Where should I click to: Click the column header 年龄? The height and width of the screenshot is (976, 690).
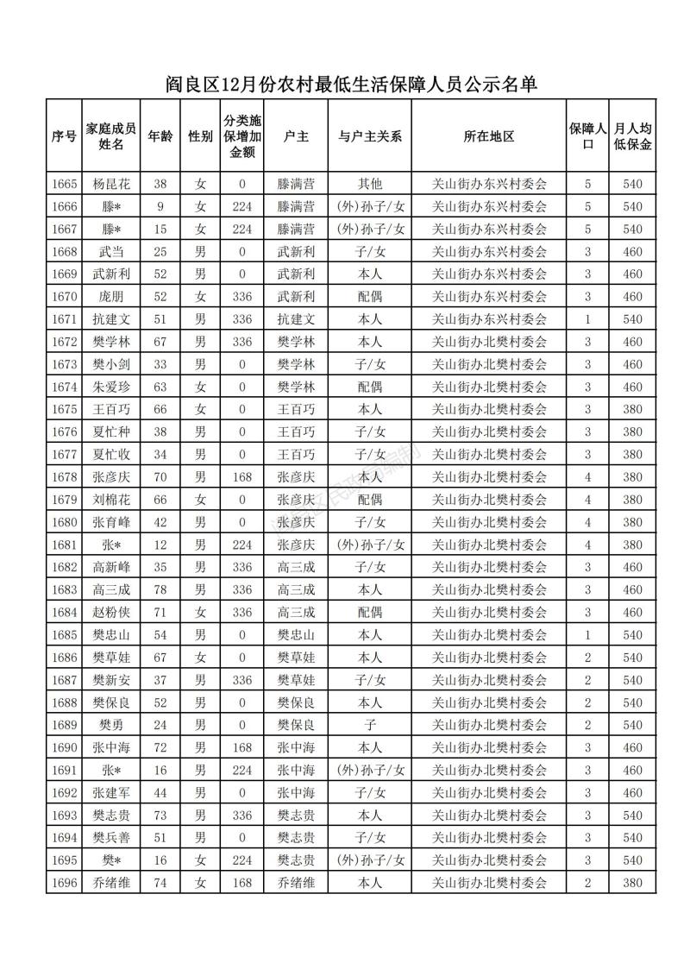click(x=160, y=136)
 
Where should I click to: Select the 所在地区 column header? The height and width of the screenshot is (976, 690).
click(x=489, y=136)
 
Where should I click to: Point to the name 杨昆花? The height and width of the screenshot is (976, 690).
click(x=110, y=184)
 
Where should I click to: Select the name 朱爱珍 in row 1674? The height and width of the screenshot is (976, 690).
click(x=110, y=387)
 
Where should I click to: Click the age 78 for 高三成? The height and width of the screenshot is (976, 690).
click(x=160, y=589)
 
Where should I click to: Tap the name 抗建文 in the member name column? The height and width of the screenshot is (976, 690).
click(x=110, y=319)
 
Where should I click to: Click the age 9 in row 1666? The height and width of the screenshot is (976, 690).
click(x=160, y=206)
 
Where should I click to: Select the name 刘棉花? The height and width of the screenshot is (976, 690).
click(x=110, y=499)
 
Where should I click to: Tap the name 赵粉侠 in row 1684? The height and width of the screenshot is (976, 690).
click(x=110, y=612)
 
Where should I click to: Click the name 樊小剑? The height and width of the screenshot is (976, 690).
click(x=110, y=364)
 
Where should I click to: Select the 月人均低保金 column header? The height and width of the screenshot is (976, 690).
click(x=632, y=136)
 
